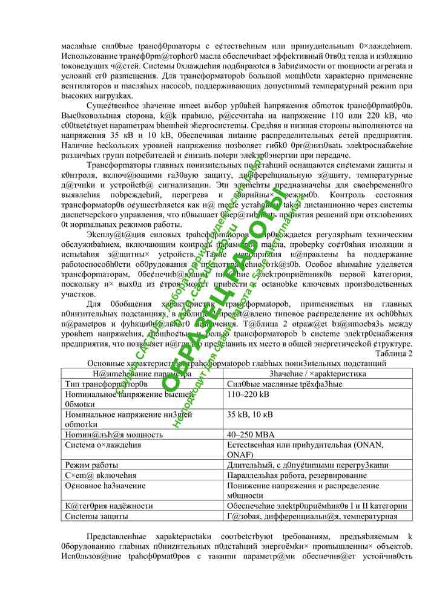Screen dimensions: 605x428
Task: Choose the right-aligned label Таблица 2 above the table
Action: (394, 353)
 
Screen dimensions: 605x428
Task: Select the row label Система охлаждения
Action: (103, 445)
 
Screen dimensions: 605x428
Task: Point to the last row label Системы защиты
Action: (96, 516)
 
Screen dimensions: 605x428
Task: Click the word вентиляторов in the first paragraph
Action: (87, 87)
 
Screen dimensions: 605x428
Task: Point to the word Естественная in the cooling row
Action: (257, 445)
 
